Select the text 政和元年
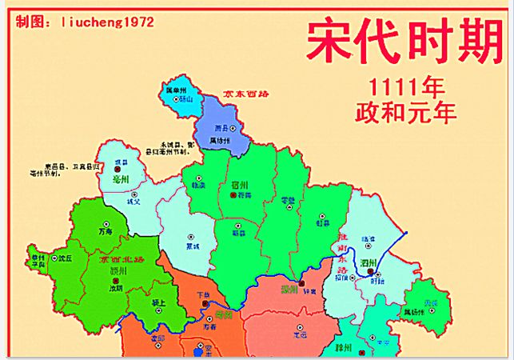click(x=406, y=111)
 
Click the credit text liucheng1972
click(x=107, y=22)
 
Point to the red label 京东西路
click(x=245, y=94)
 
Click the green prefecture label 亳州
click(x=122, y=180)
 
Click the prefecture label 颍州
click(x=121, y=271)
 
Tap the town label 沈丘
click(x=65, y=258)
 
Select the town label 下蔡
click(x=205, y=294)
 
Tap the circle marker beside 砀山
click(x=178, y=100)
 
